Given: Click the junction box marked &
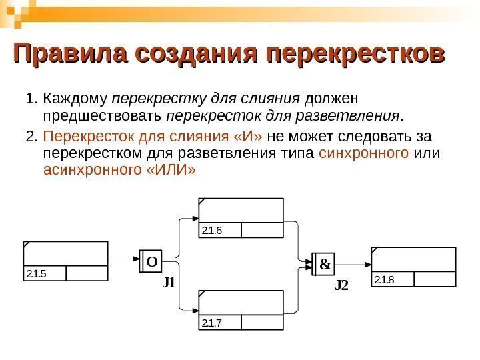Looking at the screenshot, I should click(x=325, y=264).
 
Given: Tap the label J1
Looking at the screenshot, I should click(x=169, y=283).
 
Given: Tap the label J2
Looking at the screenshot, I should click(x=341, y=285).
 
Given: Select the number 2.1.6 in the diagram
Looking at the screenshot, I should click(x=211, y=231).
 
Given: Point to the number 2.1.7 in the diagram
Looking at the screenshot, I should click(x=211, y=323).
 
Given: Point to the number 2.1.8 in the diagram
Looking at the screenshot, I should click(x=385, y=279).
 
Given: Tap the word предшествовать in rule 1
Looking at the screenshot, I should click(x=103, y=118).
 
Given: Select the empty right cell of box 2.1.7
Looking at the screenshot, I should click(x=262, y=323).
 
